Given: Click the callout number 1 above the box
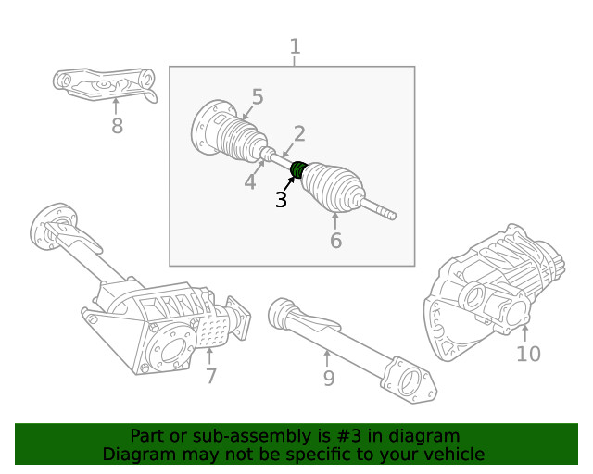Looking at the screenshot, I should point(295,45).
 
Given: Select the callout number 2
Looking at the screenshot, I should point(299,133).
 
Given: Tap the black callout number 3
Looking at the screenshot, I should point(281,199).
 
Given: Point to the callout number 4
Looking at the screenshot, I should point(249,182).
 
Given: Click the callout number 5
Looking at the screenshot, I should point(257,97).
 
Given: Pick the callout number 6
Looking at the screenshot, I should point(335,241).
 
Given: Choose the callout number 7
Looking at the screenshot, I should point(211,376).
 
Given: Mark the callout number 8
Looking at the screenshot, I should point(117,126).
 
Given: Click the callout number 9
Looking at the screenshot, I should point(328,378).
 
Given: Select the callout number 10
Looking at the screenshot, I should point(528,354).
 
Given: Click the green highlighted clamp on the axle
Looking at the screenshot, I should point(298,170).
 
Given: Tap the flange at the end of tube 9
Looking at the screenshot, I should point(408,381).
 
